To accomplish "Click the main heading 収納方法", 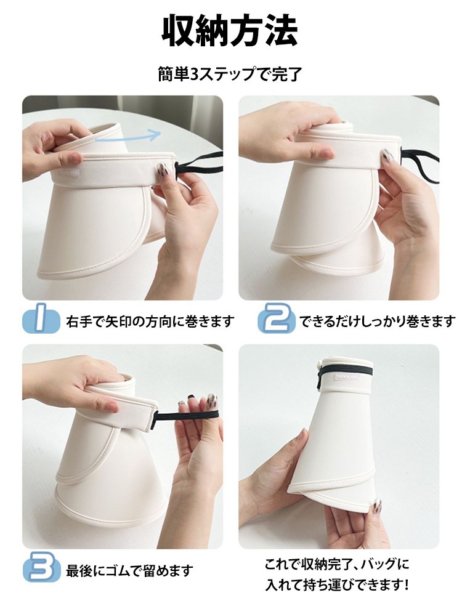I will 230,31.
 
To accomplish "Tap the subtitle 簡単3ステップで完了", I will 230,75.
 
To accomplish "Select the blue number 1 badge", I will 41,321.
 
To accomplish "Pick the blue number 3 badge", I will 41,567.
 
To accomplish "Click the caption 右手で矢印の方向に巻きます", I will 150,321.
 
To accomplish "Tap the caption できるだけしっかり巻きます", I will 378,321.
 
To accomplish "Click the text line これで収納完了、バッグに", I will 337,564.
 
